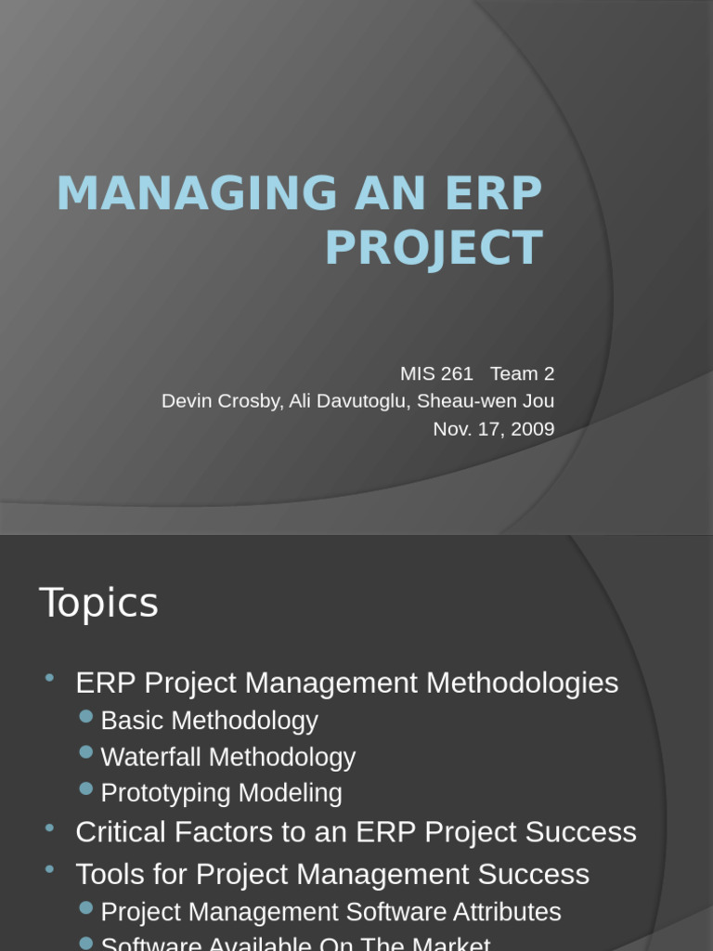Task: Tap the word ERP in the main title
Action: (494, 193)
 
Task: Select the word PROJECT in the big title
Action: (434, 248)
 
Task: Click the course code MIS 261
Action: (436, 373)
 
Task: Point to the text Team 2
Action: (522, 373)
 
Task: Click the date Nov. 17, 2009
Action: (494, 429)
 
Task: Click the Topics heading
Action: (98, 603)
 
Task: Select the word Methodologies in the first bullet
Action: (523, 684)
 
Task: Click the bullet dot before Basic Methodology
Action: (86, 716)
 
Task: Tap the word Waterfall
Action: (150, 757)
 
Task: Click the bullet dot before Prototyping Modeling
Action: (86, 788)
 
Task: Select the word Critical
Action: (119, 832)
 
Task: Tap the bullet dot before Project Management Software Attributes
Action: (86, 907)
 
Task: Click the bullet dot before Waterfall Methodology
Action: (86, 752)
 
